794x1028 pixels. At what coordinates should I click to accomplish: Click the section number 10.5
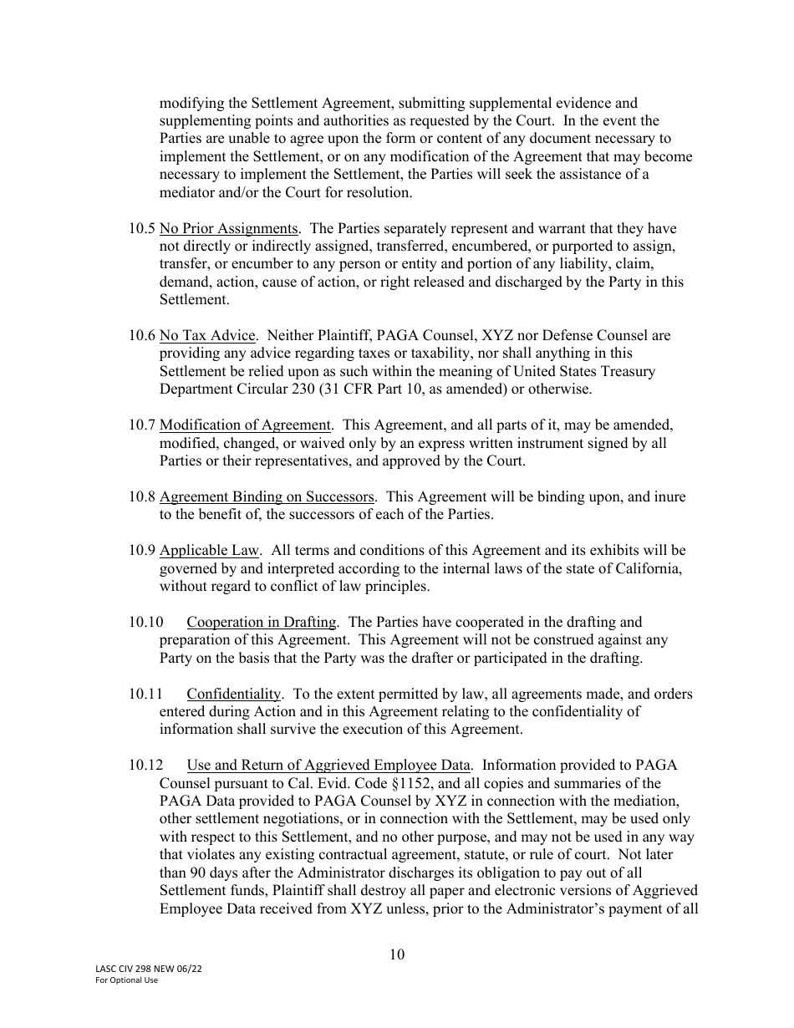click(x=141, y=228)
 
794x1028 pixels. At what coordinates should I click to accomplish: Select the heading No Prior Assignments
click(x=228, y=228)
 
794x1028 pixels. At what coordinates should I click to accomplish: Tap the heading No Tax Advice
click(x=207, y=335)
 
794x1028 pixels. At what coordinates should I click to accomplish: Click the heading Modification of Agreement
click(x=245, y=425)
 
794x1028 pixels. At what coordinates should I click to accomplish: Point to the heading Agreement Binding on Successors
click(x=267, y=496)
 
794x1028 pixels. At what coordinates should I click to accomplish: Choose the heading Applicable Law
click(x=210, y=550)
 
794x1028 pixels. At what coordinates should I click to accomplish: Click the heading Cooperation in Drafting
click(x=262, y=622)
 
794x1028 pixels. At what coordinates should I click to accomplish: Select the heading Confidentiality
click(x=233, y=694)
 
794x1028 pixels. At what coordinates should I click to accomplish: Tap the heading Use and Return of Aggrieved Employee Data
click(x=329, y=766)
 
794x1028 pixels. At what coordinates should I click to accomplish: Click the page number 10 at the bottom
click(x=397, y=954)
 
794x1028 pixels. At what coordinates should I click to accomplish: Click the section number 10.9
click(x=141, y=550)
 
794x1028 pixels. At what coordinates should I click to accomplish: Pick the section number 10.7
click(x=141, y=425)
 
